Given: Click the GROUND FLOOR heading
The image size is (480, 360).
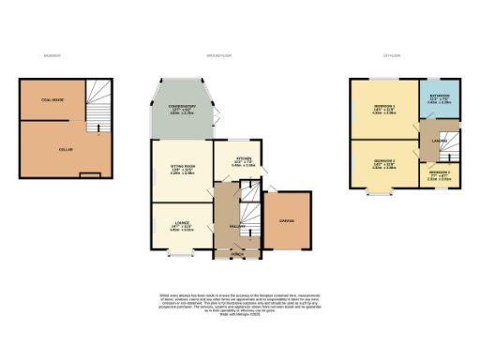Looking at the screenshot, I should click(219, 55).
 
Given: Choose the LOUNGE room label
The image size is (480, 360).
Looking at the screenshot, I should click(181, 223).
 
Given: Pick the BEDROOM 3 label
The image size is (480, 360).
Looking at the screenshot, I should click(440, 173).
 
